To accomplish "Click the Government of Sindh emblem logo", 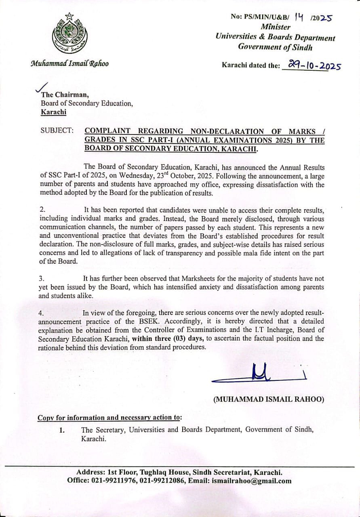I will tap(69, 35).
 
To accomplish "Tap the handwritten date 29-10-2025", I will tap(311, 65).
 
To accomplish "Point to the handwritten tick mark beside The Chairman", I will tap(42, 88).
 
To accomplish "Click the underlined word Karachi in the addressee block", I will tap(53, 112).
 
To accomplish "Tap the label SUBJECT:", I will tap(57, 131).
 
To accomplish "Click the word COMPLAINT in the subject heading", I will tap(107, 131).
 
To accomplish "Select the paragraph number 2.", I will tap(42, 210).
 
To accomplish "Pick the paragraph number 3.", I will tap(42, 279).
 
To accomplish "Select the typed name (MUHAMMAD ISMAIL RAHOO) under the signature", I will tap(269, 399).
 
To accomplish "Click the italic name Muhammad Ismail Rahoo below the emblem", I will tap(69, 63).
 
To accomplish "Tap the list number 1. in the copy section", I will tap(62, 430).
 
